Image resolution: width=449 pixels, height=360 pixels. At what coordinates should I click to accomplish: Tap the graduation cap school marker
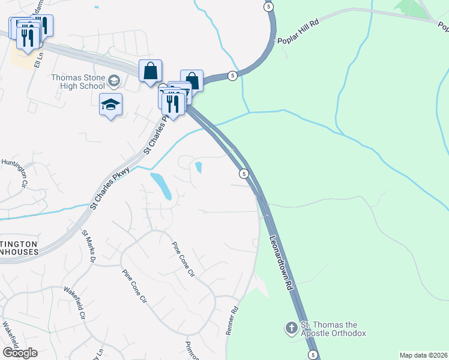click(110, 104)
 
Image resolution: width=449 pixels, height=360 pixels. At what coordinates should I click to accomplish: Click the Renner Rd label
click(234, 322)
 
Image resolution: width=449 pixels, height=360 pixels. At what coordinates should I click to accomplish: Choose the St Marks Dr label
click(89, 247)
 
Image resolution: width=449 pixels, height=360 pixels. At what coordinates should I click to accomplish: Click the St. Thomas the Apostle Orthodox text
click(333, 329)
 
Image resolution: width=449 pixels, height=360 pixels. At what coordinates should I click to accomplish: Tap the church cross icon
click(291, 328)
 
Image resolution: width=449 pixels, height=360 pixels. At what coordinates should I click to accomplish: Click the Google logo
click(20, 353)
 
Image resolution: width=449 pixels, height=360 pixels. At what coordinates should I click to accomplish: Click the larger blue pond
click(161, 186)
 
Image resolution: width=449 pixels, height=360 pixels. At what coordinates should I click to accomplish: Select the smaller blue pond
click(198, 167)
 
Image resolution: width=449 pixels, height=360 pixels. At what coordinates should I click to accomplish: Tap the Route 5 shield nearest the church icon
click(313, 355)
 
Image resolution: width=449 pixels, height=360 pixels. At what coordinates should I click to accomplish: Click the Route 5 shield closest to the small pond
click(244, 173)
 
